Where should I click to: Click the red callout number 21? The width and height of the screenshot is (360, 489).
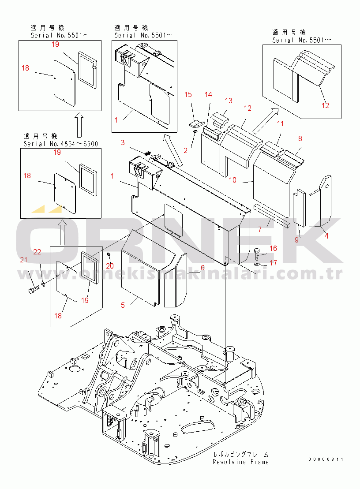24,260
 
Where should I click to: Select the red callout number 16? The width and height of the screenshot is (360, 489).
273,248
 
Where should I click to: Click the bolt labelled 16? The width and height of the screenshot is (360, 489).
256,254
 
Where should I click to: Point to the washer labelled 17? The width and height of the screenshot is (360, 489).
256,265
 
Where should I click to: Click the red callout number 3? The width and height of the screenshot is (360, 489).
123,142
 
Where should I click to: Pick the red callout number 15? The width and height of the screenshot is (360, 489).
188,94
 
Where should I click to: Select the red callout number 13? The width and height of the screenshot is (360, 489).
229,101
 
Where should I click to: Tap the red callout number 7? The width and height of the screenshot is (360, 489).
260,230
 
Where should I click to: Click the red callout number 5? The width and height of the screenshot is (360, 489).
123,305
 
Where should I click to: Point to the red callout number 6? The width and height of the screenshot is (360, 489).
203,268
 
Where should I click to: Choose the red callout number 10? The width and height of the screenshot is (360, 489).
233,180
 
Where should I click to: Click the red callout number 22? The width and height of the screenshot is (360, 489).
37,252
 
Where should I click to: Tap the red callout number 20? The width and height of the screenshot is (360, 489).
110,266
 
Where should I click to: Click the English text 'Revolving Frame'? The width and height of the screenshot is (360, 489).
240,462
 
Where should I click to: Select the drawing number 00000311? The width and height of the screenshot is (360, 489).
326,459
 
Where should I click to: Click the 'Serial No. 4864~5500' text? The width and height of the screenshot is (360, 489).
61,144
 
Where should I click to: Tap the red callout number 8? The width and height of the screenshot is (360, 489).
300,138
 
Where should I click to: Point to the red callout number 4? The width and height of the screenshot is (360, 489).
326,236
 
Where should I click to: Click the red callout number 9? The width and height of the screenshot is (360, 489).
296,240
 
